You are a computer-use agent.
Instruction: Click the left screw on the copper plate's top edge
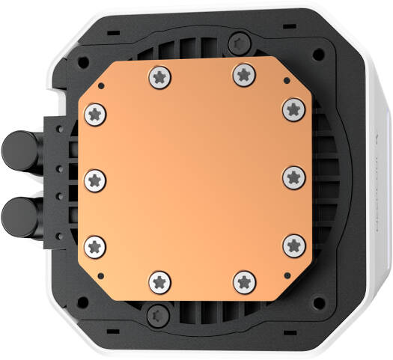click(161, 75)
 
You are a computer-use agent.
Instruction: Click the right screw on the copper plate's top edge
click(242, 73)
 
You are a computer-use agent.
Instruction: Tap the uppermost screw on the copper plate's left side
click(96, 114)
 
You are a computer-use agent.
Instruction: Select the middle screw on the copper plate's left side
click(96, 179)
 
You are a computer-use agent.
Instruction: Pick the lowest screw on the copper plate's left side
click(96, 244)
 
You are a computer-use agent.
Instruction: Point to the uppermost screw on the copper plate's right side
click(293, 109)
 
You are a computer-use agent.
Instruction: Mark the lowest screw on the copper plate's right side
click(294, 243)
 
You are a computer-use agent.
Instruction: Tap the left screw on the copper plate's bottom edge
click(161, 281)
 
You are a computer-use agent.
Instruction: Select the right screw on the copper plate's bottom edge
click(243, 281)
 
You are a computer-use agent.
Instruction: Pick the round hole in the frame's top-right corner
click(320, 55)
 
